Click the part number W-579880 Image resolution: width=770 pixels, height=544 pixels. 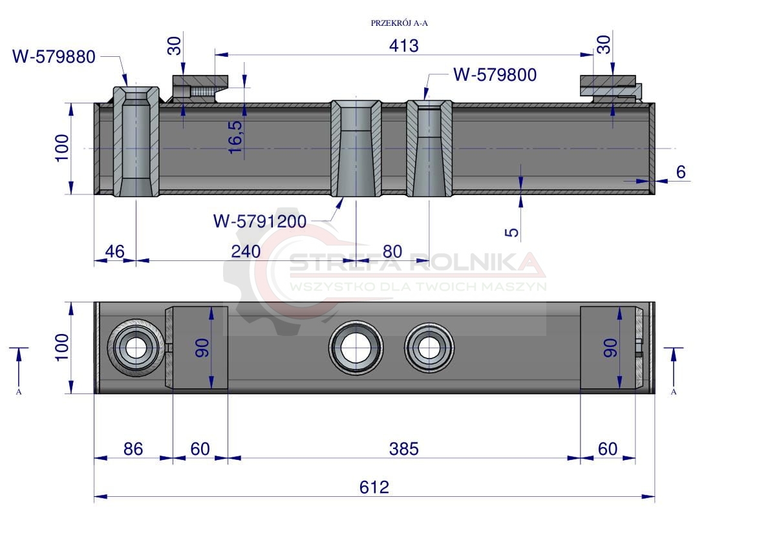(x=54, y=57)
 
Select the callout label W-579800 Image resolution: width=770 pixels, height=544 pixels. (x=495, y=75)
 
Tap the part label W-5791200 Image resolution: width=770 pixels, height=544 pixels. (x=260, y=221)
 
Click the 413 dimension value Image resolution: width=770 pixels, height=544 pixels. (x=403, y=46)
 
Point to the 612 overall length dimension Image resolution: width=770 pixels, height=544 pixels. (x=374, y=487)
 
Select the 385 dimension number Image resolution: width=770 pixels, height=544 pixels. (x=403, y=449)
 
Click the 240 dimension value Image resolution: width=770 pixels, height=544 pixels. (x=246, y=251)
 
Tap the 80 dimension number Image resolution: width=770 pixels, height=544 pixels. (x=392, y=251)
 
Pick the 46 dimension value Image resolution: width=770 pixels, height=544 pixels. (x=115, y=251)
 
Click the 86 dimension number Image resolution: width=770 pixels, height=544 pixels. (x=133, y=449)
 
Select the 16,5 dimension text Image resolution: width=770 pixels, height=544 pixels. (x=236, y=137)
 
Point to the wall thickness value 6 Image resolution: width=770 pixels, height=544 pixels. (x=681, y=172)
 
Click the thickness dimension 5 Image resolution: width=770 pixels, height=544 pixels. (x=511, y=232)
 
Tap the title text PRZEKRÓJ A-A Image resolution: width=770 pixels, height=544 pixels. (x=400, y=23)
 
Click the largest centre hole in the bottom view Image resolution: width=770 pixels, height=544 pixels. (x=356, y=348)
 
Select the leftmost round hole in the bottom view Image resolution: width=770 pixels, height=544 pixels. (x=136, y=348)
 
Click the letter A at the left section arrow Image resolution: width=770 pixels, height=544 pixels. (x=19, y=392)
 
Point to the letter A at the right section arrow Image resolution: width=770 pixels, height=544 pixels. (x=674, y=392)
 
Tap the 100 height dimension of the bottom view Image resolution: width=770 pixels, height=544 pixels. (x=62, y=348)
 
